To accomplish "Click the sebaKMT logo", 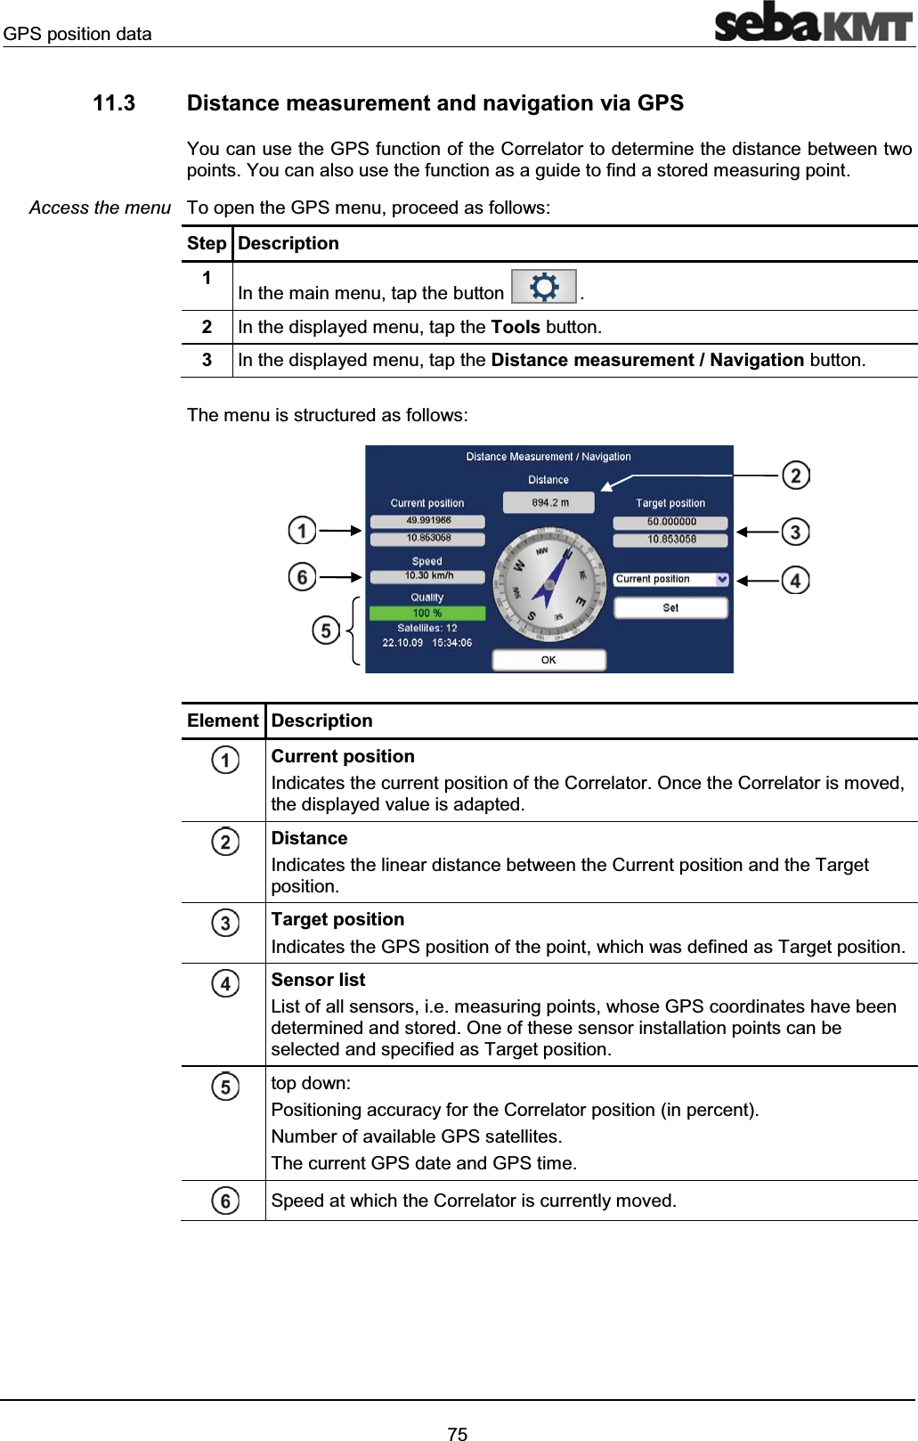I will pyautogui.click(x=813, y=22).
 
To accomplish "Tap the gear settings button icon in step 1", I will pyautogui.click(x=544, y=287).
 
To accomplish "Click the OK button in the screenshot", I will pyautogui.click(x=548, y=660).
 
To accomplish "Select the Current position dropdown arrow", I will pyautogui.click(x=721, y=579).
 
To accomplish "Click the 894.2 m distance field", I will pyautogui.click(x=549, y=502).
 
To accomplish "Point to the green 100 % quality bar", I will pyautogui.click(x=427, y=613).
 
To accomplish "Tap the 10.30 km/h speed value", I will pyautogui.click(x=428, y=575).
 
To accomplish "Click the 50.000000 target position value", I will pyautogui.click(x=670, y=522).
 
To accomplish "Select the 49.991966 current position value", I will pyautogui.click(x=427, y=520).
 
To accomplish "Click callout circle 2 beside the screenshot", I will pyautogui.click(x=795, y=475).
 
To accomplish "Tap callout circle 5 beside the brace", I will pyautogui.click(x=326, y=631).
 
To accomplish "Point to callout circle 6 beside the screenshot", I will pyautogui.click(x=302, y=577).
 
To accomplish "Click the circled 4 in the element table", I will pyautogui.click(x=225, y=983).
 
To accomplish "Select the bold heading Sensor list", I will pyautogui.click(x=318, y=980).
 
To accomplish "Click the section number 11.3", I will pyautogui.click(x=114, y=103).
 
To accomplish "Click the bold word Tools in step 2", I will pyautogui.click(x=516, y=327).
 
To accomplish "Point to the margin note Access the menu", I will pyautogui.click(x=100, y=208).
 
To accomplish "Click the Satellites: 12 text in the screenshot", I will pyautogui.click(x=427, y=628).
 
